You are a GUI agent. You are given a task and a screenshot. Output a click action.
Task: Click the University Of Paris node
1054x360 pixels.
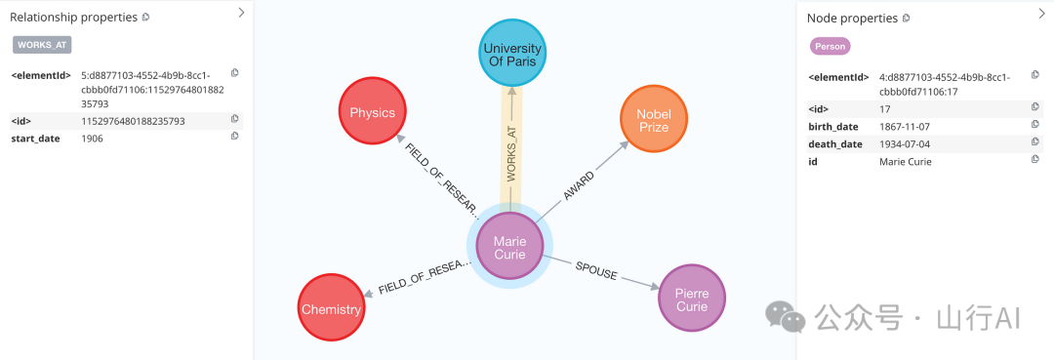tap(511, 53)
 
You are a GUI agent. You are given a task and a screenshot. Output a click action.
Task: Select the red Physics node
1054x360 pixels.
tap(372, 111)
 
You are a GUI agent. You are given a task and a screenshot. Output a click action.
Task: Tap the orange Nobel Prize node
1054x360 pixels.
tap(653, 119)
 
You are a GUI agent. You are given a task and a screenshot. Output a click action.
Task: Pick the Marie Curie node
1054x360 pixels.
tap(509, 247)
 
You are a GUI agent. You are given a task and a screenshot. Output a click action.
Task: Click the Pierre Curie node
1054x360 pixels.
tap(692, 299)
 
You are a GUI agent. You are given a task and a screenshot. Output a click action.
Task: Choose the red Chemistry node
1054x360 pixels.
tap(332, 308)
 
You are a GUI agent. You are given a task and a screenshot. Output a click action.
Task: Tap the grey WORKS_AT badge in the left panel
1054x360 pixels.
tap(42, 45)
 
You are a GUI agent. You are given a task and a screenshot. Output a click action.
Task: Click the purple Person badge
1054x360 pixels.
tap(831, 47)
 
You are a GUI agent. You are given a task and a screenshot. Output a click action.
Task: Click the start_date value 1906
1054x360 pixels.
tap(92, 139)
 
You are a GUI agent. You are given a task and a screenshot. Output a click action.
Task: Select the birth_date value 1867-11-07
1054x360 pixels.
tap(905, 127)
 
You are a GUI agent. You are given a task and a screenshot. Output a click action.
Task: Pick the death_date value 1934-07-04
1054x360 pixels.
tap(905, 144)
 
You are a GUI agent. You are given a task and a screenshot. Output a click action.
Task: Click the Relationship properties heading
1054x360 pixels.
tap(74, 17)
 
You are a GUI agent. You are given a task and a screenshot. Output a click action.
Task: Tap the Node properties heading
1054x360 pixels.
tap(852, 19)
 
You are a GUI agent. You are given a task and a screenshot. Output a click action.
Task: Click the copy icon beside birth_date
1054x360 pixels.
tap(1035, 124)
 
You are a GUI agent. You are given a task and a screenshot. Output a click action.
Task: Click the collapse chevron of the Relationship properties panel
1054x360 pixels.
tap(241, 12)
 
